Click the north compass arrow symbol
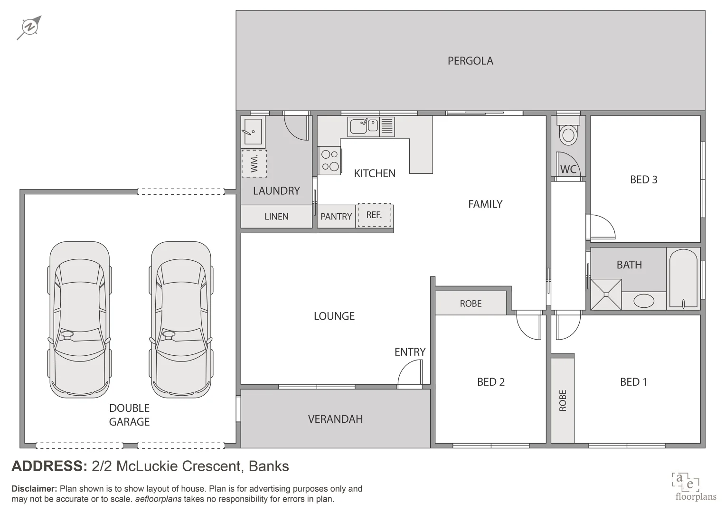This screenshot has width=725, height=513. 29,28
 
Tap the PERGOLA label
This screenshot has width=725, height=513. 470,61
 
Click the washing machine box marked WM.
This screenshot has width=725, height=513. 254,163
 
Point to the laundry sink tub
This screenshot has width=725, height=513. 253,131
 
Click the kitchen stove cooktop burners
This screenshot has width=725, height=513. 330,161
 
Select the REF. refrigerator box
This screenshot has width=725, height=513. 374,215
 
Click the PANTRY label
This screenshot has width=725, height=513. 336,216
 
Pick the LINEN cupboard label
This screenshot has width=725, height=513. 276,216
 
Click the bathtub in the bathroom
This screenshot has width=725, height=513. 683,278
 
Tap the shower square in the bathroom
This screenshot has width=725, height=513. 606,294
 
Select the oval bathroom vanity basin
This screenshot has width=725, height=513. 644,301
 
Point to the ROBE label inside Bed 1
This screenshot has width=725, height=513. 563,400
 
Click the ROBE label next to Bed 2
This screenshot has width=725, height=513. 471,304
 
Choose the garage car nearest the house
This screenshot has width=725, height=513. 181,320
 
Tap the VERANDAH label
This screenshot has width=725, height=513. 335,419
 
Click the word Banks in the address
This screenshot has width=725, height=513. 269,466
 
